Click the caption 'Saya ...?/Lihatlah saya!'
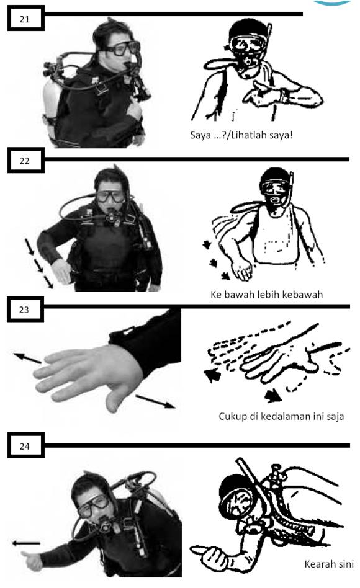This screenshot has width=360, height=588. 241,135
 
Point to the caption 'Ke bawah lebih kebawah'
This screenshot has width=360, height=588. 266,294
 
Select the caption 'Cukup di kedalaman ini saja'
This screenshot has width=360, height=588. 281,416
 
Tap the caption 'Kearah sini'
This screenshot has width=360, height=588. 329,564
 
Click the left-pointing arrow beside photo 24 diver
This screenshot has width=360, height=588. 25,543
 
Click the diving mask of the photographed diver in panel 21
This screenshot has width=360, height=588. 121,48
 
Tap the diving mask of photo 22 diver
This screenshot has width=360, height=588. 110,197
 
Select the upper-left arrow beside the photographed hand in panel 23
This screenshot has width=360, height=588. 28,358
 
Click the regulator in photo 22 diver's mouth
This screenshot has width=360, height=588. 112,216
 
